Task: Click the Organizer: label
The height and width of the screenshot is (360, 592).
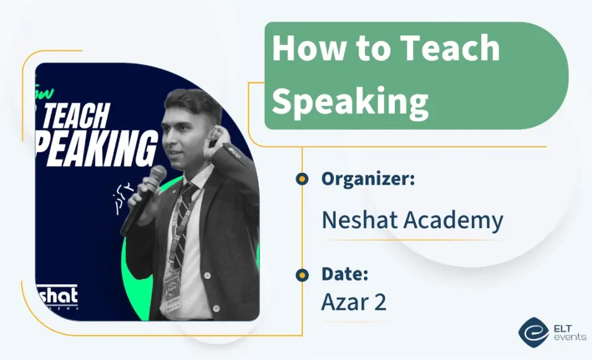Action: (x=368, y=179)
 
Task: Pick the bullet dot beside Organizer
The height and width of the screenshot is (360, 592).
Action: (x=302, y=179)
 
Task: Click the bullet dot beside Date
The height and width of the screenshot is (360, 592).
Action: (x=302, y=274)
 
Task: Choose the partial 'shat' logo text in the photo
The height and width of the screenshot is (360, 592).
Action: (x=57, y=295)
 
